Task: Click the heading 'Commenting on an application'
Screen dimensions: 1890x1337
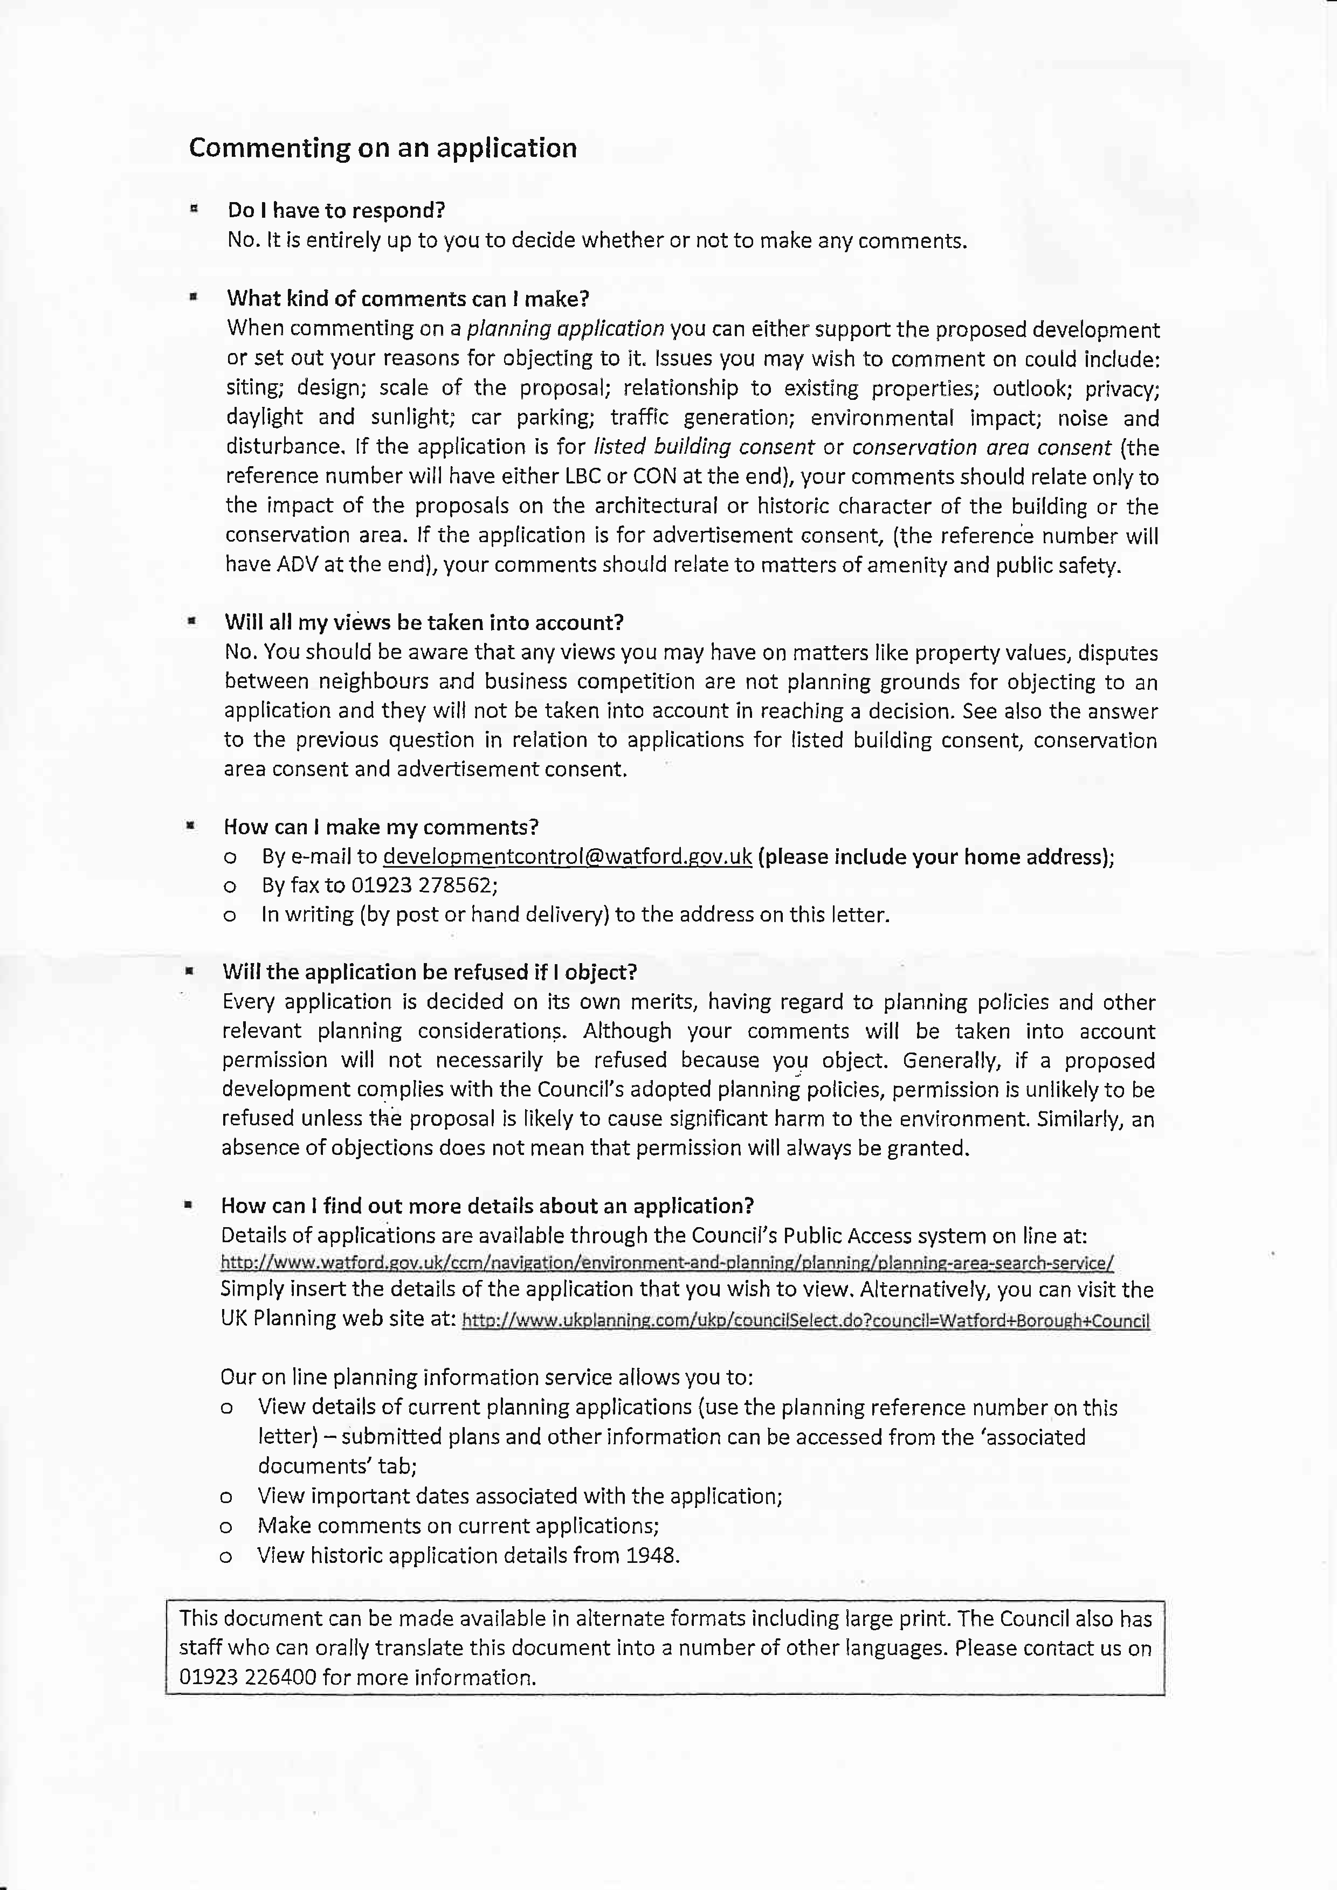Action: pos(383,148)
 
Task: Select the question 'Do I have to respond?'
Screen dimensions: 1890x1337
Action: pos(336,211)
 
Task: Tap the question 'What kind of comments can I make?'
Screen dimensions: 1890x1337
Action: pos(408,298)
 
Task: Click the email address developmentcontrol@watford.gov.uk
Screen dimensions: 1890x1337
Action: pos(567,857)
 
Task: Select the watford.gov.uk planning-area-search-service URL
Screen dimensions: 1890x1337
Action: pos(667,1263)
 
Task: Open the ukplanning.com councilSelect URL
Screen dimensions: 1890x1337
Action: pos(805,1321)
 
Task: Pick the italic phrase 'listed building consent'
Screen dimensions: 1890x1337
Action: pos(704,447)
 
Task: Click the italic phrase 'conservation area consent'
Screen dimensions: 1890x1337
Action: pos(981,448)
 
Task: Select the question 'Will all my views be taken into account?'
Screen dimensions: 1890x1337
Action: pos(424,622)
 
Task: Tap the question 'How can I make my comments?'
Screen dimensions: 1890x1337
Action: pos(381,827)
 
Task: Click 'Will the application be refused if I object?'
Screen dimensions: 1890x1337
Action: pos(429,972)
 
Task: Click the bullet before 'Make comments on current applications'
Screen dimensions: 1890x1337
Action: pos(225,1527)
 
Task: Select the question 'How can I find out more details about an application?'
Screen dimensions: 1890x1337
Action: pos(487,1206)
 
